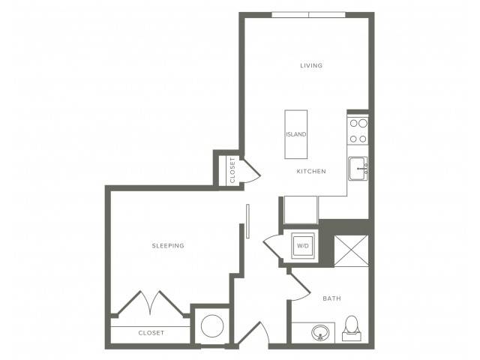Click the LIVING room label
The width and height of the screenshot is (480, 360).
[x=311, y=65]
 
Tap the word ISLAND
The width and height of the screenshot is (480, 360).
[x=296, y=134]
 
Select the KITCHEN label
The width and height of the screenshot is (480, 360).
[x=311, y=172]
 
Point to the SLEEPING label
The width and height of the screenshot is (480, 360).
[x=168, y=245]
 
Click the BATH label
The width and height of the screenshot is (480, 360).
[x=331, y=298]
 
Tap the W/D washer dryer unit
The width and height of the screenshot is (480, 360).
[x=303, y=246]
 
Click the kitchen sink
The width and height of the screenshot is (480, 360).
[x=358, y=168]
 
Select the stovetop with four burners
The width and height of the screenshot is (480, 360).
[x=358, y=131]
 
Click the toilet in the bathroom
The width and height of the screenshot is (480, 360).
[x=352, y=328]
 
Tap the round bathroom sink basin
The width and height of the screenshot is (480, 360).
[x=320, y=332]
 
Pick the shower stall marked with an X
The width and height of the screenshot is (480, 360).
[x=351, y=250]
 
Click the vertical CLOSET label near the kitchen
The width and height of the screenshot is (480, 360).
[x=232, y=170]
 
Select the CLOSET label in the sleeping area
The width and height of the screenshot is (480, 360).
[x=151, y=333]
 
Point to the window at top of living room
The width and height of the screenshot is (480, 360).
[x=308, y=15]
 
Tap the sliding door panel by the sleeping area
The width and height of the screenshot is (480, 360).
[x=247, y=221]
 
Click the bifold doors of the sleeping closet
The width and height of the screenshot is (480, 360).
[x=151, y=302]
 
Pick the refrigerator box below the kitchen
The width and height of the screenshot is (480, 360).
[x=301, y=210]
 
